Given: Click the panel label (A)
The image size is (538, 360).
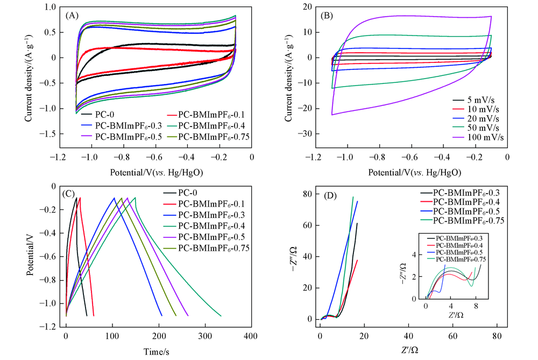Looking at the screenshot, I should [73, 16].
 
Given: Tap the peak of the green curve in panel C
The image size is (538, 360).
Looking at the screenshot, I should [135, 197].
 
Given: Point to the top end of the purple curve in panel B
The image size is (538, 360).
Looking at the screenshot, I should [491, 16].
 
